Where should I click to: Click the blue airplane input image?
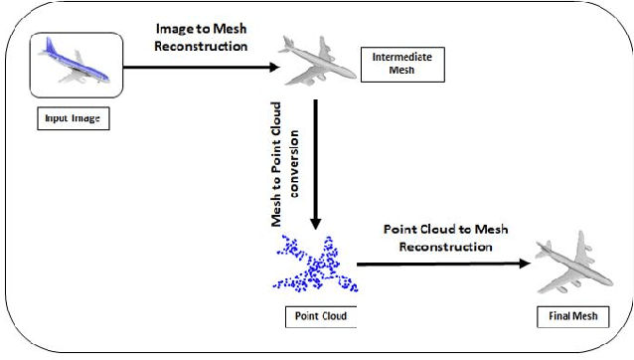coord(75,63)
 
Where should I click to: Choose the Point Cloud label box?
coord(314,316)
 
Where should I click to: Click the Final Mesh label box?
coord(573,316)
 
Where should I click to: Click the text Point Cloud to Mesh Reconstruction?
coord(446,237)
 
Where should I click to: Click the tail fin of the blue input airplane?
coord(45,45)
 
